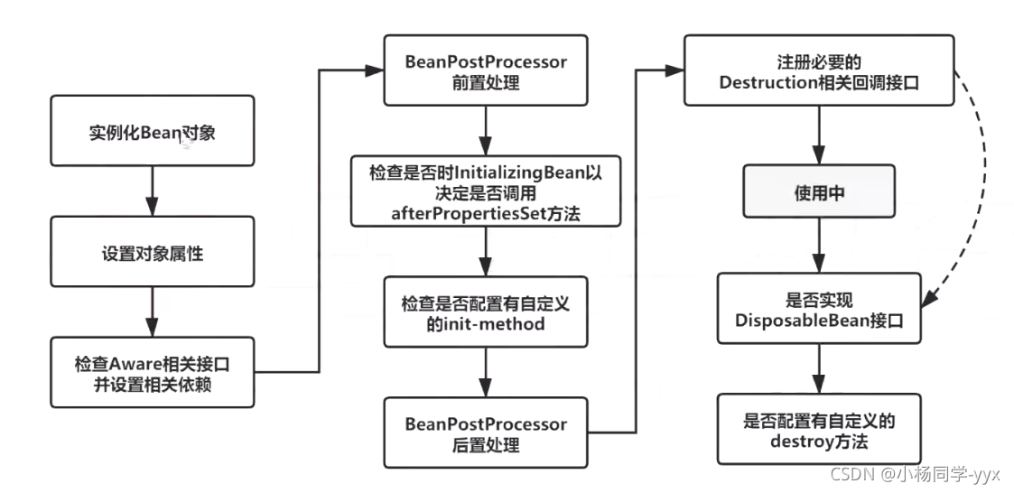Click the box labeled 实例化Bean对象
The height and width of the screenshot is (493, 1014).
[x=152, y=134]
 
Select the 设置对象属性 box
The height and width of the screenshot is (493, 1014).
[x=152, y=254]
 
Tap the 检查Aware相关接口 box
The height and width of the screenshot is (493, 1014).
[x=152, y=373]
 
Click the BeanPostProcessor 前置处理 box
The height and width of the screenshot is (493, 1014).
[x=486, y=70]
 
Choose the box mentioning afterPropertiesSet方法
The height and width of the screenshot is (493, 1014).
[x=486, y=191]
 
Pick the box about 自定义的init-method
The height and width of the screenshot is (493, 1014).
[x=486, y=312]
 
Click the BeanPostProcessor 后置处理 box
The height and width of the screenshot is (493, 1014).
[x=486, y=433]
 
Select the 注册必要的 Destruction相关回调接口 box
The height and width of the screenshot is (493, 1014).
[x=818, y=70]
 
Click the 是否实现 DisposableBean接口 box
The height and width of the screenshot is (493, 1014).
[x=818, y=310]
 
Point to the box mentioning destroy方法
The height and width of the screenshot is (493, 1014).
[x=818, y=431]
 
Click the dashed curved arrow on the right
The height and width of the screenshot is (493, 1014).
[x=978, y=181]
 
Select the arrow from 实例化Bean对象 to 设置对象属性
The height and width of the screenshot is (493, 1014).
[x=152, y=193]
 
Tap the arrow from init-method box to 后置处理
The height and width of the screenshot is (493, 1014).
[x=486, y=371]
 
